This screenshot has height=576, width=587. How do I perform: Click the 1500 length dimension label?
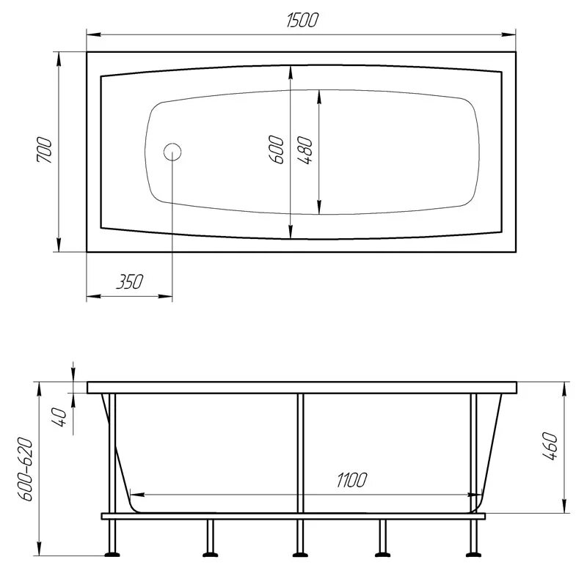pyautogui.click(x=302, y=21)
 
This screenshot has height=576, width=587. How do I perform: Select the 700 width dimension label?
pyautogui.click(x=44, y=151)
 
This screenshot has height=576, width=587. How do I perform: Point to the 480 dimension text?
pyautogui.click(x=307, y=150)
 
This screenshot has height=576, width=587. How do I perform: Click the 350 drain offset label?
pyautogui.click(x=128, y=281)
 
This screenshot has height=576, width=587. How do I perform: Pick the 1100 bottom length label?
pyautogui.click(x=351, y=480)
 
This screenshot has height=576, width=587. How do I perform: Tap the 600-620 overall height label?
pyautogui.click(x=26, y=469)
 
